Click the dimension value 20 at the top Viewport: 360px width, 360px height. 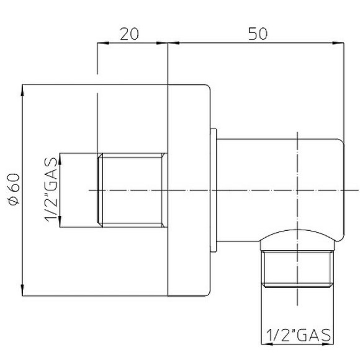128,34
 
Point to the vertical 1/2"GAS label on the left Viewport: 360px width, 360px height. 52,189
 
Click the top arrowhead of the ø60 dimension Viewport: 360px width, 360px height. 23,89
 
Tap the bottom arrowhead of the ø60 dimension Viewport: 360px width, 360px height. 23,290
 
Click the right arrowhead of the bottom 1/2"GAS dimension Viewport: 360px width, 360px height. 330,344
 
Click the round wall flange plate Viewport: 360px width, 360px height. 189,189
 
